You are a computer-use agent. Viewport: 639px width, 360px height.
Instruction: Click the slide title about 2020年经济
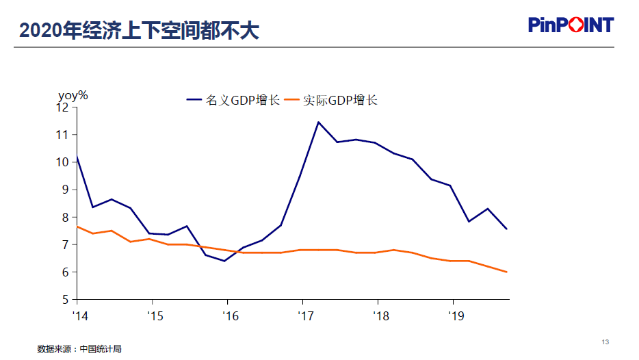pyautogui.click(x=140, y=29)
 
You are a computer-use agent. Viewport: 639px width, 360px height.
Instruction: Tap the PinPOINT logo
pyautogui.click(x=571, y=25)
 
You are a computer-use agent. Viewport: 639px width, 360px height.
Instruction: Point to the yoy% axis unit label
pyautogui.click(x=73, y=95)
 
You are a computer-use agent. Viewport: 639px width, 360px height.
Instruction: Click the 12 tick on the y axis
pyautogui.click(x=64, y=107)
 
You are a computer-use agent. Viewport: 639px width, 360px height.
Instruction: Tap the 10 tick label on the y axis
pyautogui.click(x=64, y=162)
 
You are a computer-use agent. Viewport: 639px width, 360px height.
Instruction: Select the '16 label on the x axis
pyautogui.click(x=231, y=316)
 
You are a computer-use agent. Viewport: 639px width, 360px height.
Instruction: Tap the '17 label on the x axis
pyautogui.click(x=306, y=316)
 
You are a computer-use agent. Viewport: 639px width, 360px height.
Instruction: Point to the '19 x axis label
pyautogui.click(x=456, y=316)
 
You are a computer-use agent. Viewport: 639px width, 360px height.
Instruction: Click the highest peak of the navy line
pyautogui.click(x=318, y=122)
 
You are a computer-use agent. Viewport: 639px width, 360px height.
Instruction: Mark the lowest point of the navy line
pyautogui.click(x=224, y=261)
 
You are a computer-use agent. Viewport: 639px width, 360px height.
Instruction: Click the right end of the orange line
pyautogui.click(x=506, y=272)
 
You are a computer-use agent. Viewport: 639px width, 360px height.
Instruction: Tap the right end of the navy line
pyautogui.click(x=506, y=229)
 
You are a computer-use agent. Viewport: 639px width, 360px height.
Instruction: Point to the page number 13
pyautogui.click(x=605, y=342)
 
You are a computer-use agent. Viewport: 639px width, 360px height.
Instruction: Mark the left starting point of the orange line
pyautogui.click(x=77, y=227)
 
